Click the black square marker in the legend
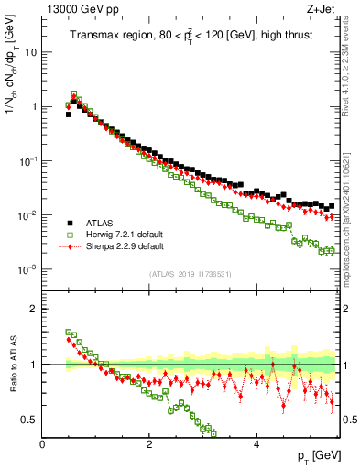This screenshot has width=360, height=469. tap(69, 223)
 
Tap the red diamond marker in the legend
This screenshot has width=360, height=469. tap(69, 246)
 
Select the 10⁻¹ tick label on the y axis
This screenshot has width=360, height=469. tap(27, 161)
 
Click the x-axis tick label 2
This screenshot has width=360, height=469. tap(149, 443)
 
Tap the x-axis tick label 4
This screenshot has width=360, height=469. tap(256, 443)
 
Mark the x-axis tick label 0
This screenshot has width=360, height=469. tap(42, 443)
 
